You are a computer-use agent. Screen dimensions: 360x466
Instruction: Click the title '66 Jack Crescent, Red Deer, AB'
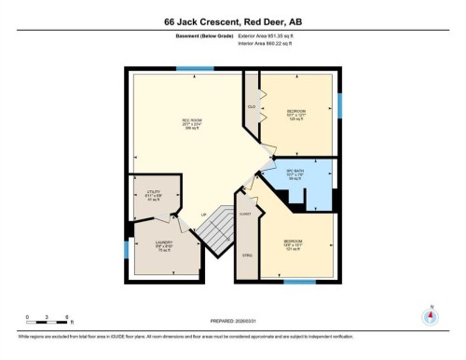click(232, 21)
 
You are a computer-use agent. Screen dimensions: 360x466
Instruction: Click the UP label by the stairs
click(203, 216)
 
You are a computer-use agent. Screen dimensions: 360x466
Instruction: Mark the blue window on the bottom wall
click(299, 281)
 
